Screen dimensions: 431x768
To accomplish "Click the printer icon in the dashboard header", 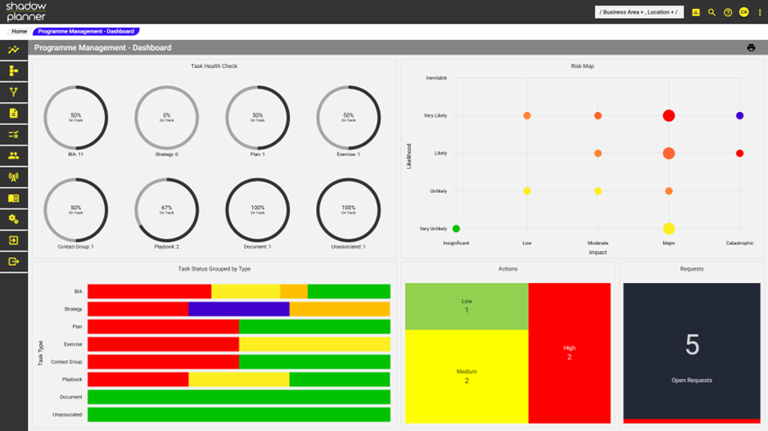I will [751, 48].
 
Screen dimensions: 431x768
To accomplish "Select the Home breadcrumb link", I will [19, 32].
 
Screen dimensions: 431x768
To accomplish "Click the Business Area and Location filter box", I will [639, 12].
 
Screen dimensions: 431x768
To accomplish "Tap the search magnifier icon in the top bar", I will [712, 12].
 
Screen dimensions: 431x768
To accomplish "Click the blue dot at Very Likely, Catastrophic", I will [739, 116].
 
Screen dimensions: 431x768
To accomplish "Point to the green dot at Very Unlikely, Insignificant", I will [456, 229].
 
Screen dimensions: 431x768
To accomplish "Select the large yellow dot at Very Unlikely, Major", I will [669, 229].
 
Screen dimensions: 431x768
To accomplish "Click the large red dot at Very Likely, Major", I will [669, 116].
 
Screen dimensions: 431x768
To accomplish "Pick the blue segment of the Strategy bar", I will [239, 309].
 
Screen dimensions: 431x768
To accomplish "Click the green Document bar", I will [239, 397].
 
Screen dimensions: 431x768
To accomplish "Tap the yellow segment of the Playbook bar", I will [239, 379].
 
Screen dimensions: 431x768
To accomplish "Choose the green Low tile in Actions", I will [467, 306].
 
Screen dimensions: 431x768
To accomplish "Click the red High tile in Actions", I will [570, 352].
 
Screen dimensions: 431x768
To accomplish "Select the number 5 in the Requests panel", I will [692, 346].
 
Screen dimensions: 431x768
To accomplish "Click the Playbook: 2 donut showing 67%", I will [166, 210].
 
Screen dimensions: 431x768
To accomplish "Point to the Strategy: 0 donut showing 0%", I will [166, 118].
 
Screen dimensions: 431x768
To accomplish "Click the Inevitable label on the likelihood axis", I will [436, 79].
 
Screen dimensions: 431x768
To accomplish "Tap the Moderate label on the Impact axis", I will [598, 243].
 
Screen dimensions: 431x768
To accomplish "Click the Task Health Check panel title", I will [214, 66].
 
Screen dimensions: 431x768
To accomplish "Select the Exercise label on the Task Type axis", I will [73, 344].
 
